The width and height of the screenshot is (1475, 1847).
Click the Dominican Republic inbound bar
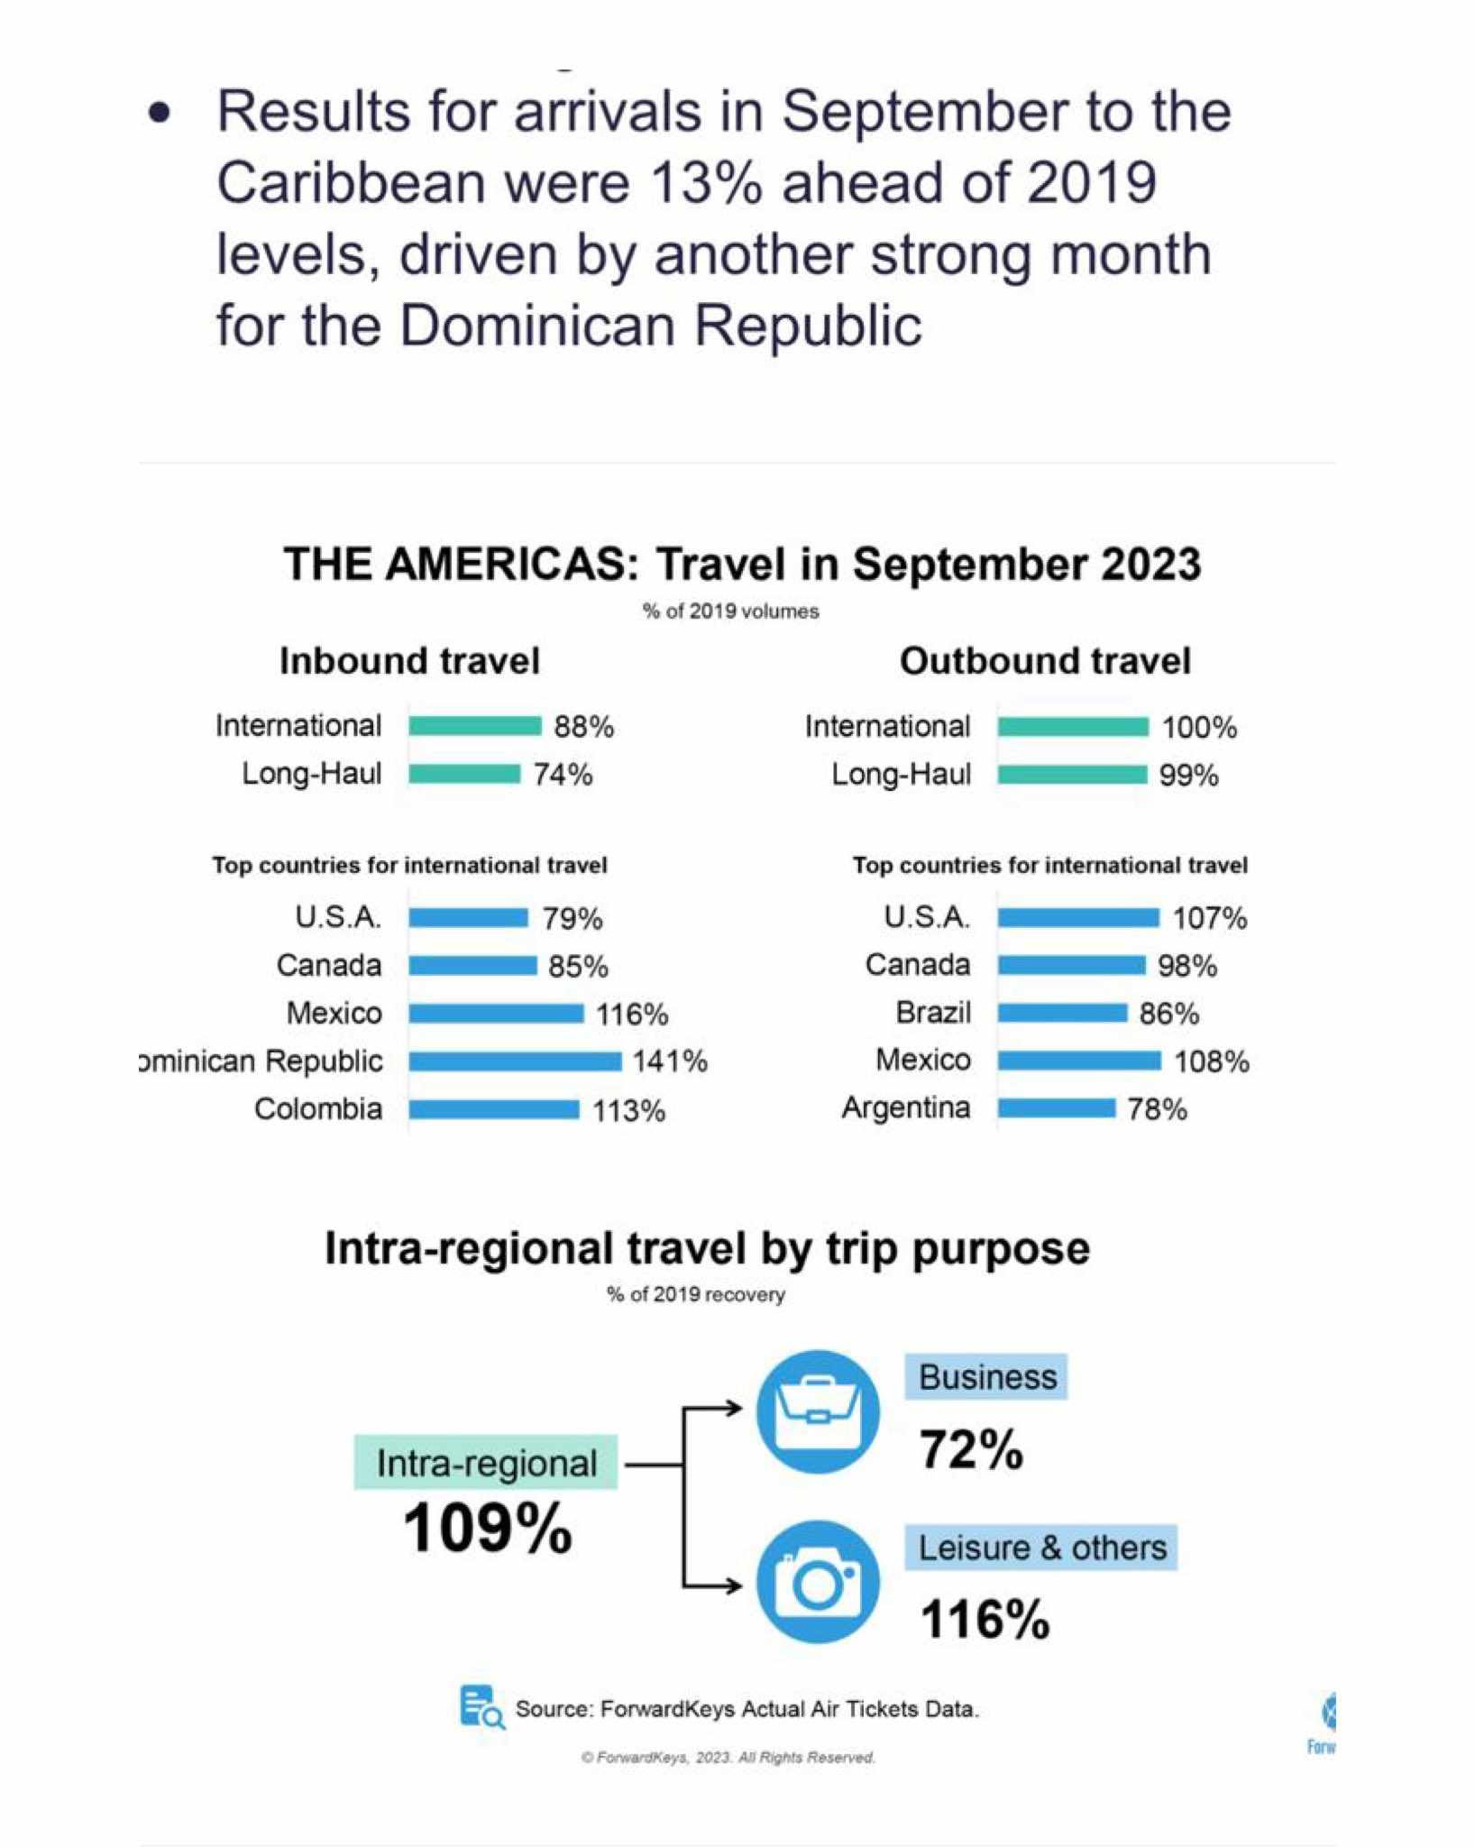(x=515, y=1061)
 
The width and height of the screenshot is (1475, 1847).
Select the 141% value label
(x=670, y=1061)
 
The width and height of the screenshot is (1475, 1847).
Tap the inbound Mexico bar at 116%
(x=496, y=1014)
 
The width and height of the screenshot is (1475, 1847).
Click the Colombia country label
(x=318, y=1108)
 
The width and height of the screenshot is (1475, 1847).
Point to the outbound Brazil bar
(x=1062, y=1014)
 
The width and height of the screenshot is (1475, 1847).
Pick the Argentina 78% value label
(x=1157, y=1109)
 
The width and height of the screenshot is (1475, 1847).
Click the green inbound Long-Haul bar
(x=464, y=774)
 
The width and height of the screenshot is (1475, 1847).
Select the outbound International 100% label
(x=1199, y=727)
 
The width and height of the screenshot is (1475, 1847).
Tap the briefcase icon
(x=818, y=1411)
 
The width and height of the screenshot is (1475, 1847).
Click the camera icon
(x=818, y=1582)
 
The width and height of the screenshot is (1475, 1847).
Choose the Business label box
(x=987, y=1377)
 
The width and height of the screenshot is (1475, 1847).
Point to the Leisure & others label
(x=1041, y=1548)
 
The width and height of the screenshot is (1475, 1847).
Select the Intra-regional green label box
(x=486, y=1462)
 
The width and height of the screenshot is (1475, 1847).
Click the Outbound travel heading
(x=1045, y=661)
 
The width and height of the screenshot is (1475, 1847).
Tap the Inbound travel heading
(x=409, y=661)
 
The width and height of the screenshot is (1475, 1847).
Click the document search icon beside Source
(x=481, y=1707)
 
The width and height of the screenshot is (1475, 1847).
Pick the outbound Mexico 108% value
(x=1211, y=1061)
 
